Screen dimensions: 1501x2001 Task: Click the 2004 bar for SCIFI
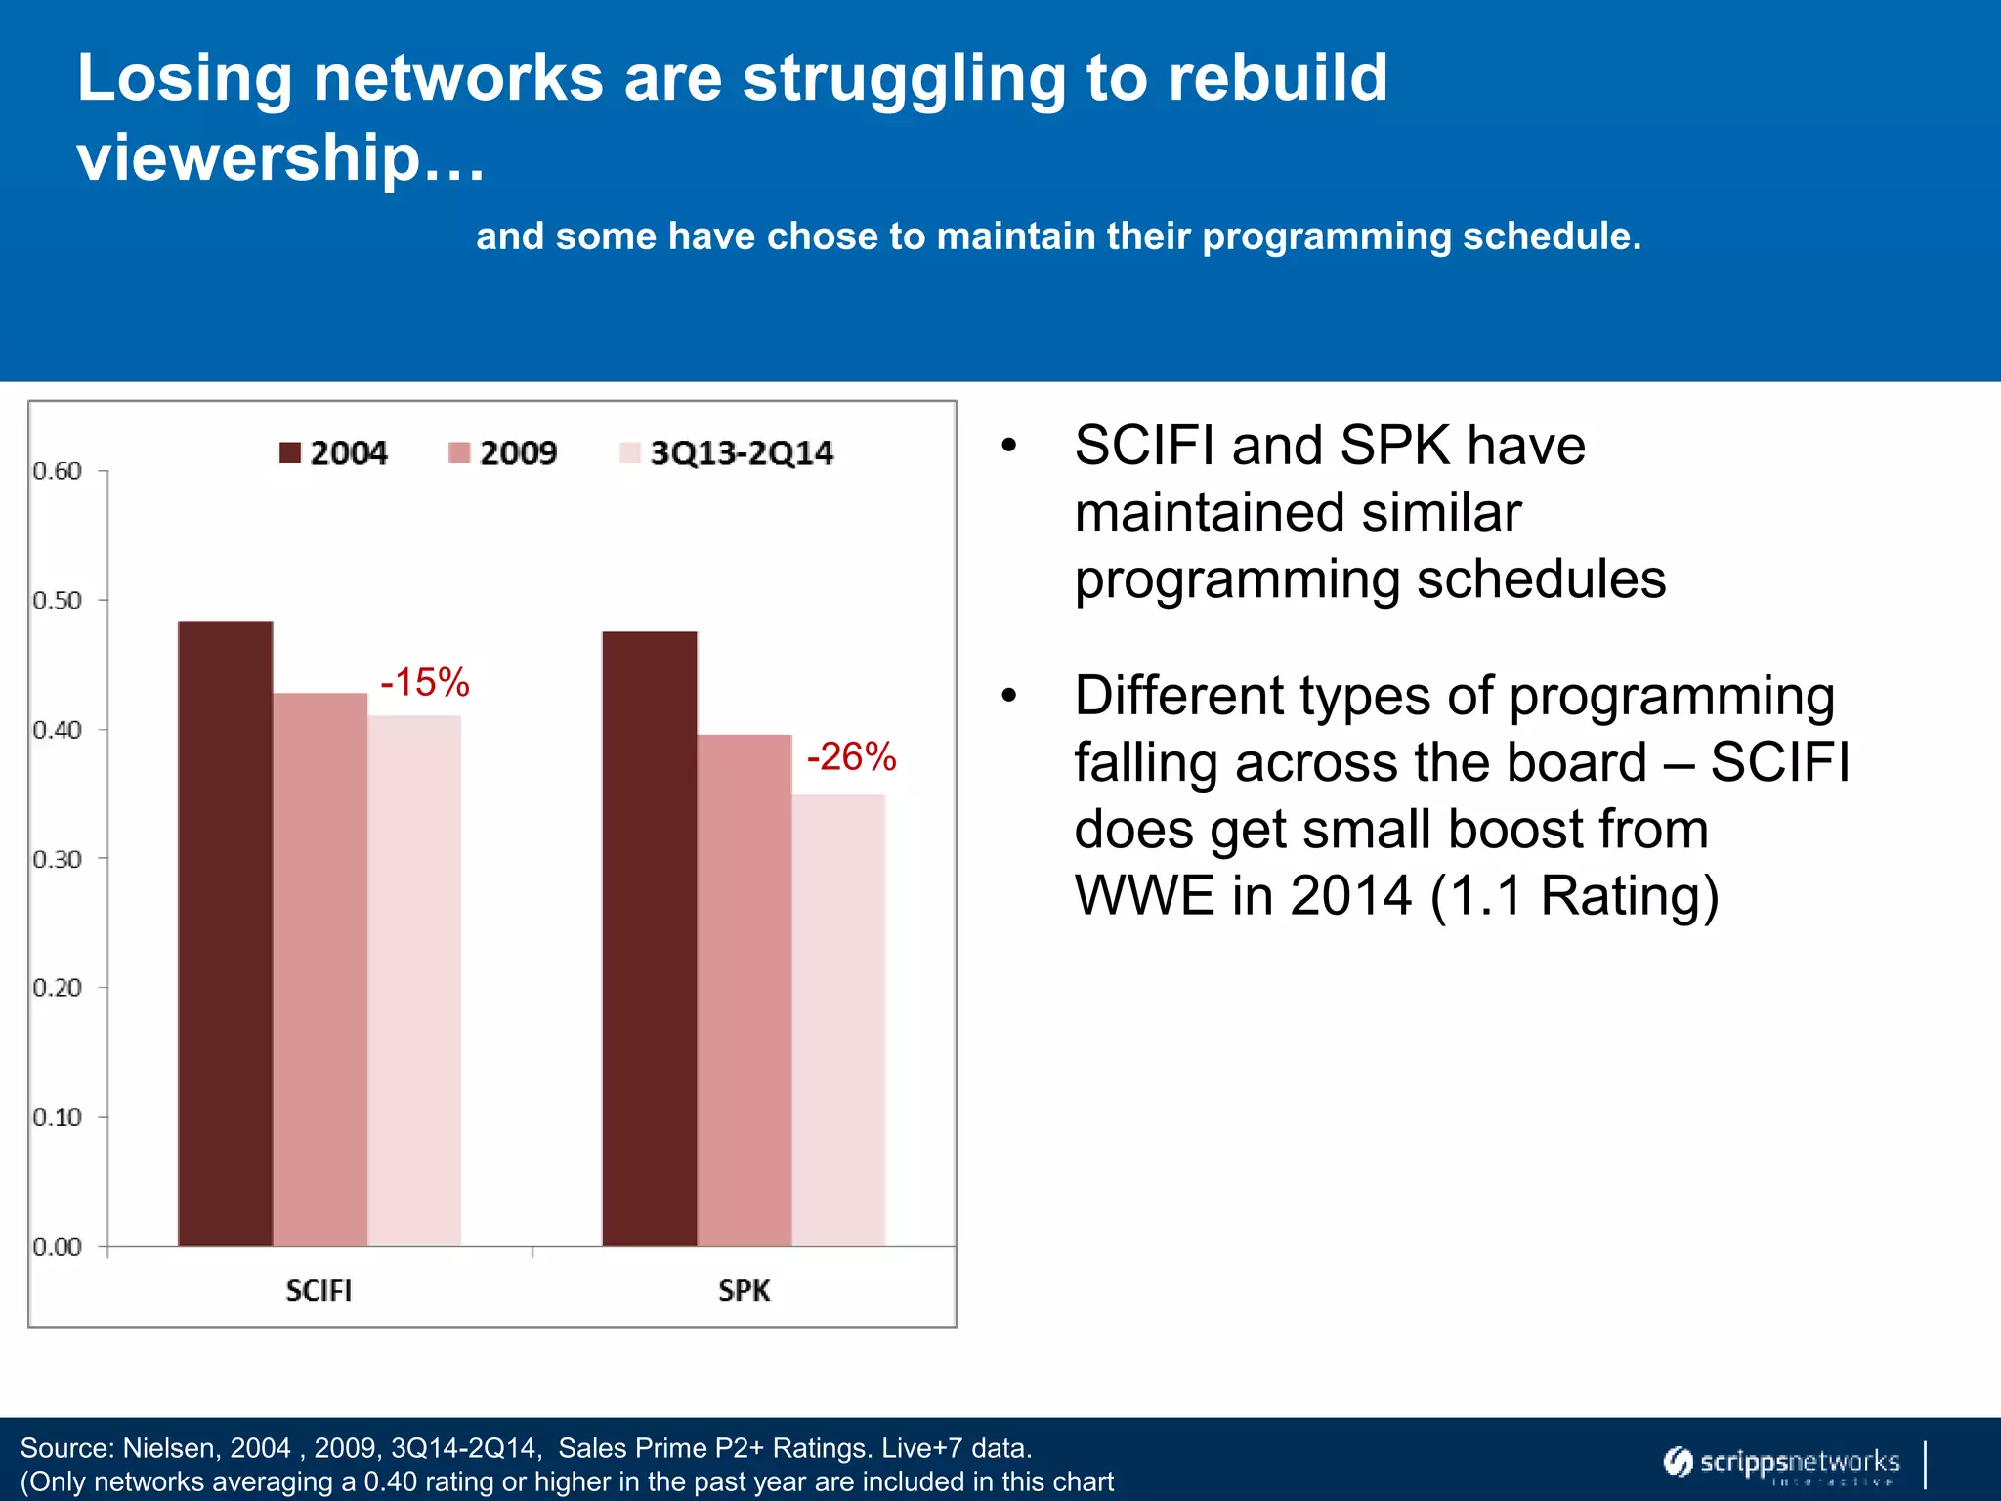[225, 933]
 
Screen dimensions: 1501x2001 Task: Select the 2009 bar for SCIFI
[319, 969]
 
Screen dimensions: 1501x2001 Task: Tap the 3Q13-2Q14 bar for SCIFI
[414, 980]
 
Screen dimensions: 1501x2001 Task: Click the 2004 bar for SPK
[649, 938]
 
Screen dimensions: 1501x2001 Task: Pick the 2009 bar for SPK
[744, 990]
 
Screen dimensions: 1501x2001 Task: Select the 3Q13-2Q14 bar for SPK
[838, 1020]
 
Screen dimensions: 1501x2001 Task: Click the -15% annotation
[425, 682]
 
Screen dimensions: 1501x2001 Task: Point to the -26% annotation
[851, 756]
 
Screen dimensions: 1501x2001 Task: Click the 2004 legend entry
[333, 452]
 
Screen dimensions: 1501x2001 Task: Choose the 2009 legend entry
[502, 452]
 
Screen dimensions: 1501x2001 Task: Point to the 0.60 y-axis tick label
[57, 471]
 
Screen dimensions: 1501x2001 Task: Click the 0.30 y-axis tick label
[57, 859]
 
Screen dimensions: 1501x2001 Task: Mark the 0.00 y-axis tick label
[57, 1247]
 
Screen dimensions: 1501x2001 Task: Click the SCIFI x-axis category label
[319, 1290]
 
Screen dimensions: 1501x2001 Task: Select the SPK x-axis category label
[744, 1290]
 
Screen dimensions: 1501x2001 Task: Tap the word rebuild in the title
[1278, 78]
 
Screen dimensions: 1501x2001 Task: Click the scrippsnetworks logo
[1782, 1463]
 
